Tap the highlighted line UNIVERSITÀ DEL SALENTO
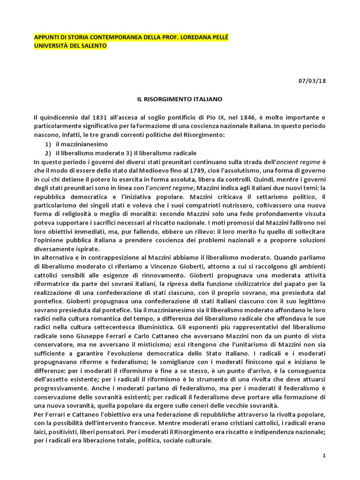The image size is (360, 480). tap(70, 46)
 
